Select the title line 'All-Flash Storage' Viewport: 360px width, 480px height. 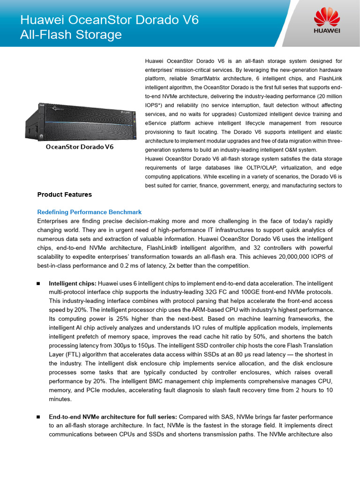(x=71, y=35)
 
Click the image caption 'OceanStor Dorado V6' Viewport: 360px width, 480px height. (x=80, y=147)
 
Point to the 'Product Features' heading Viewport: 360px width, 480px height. (x=64, y=195)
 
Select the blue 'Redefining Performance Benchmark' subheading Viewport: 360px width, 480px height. (x=89, y=212)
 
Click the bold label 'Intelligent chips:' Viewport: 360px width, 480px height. (x=73, y=284)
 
